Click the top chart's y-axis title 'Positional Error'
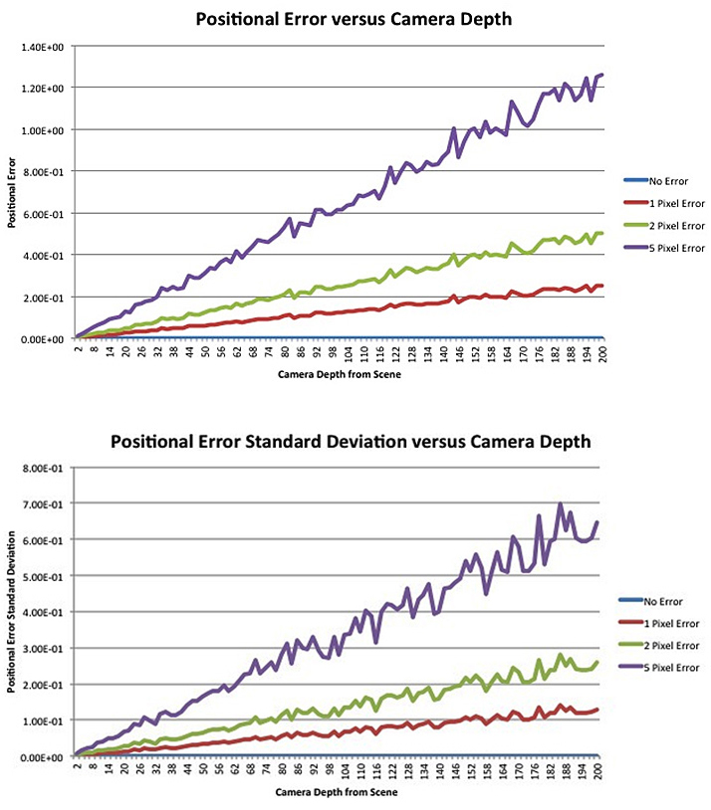tap(13, 192)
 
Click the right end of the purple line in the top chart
tap(602, 75)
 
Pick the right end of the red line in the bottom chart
tap(597, 709)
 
